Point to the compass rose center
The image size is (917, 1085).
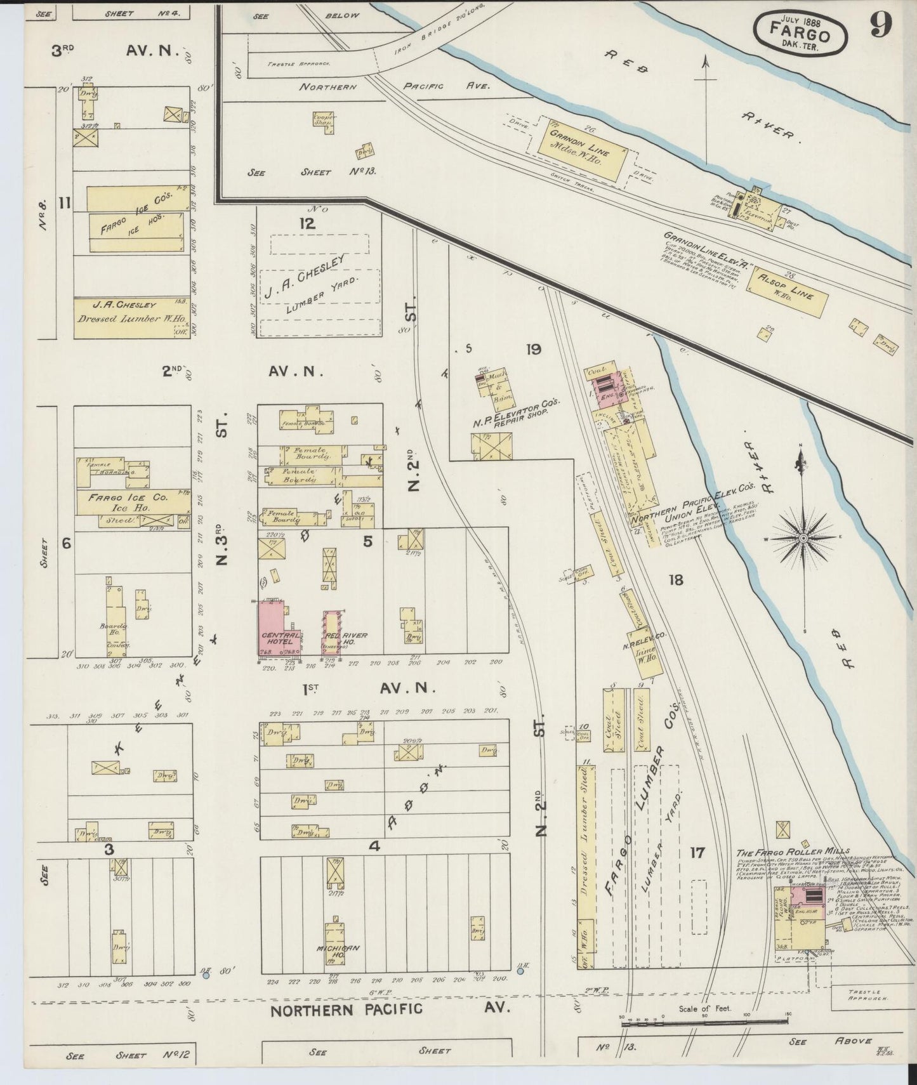(803, 538)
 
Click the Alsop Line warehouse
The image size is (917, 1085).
(790, 291)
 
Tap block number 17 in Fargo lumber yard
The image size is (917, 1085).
(697, 852)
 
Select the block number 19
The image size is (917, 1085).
(532, 348)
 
